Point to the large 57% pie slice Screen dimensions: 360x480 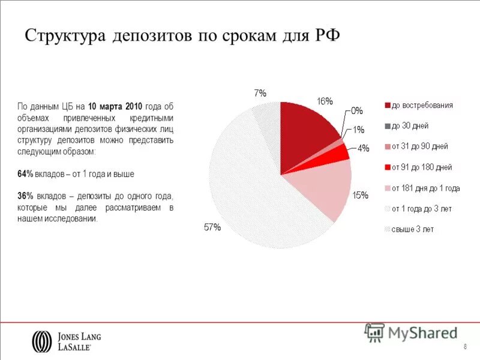tap(252, 192)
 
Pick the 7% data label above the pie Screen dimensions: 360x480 tap(260, 93)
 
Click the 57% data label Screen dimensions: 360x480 tap(212, 227)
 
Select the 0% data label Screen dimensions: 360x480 tap(357, 110)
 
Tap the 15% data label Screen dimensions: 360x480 tap(360, 195)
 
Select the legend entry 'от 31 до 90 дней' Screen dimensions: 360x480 tap(419, 146)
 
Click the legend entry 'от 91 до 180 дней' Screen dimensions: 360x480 tap(421, 167)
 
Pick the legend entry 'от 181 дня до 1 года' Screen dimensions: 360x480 tap(425, 188)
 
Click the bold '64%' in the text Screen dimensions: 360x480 tap(25, 174)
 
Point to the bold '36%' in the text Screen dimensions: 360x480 tap(25, 196)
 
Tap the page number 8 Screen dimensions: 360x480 tap(466, 349)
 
